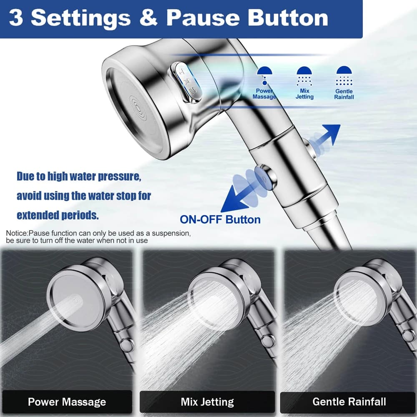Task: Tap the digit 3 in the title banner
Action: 16,18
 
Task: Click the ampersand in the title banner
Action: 148,18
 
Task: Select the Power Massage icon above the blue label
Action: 265,75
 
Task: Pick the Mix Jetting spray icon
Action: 304,76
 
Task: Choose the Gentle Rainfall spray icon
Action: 344,76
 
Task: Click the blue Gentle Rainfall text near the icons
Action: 344,94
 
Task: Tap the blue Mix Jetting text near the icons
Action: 304,94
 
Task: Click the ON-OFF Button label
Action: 220,220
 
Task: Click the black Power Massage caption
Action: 67,402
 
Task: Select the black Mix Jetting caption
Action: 207,402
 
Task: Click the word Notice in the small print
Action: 17,233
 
